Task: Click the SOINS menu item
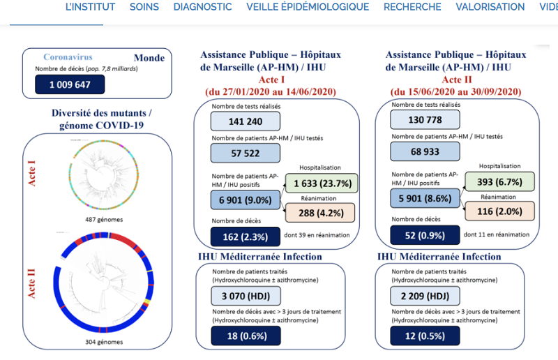tap(144, 7)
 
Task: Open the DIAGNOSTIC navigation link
tap(202, 7)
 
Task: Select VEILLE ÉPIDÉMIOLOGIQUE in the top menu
tap(308, 7)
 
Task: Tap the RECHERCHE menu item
tap(412, 7)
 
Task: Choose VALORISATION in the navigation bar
tap(490, 7)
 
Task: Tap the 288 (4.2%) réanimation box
tap(320, 213)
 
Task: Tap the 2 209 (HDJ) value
tap(425, 295)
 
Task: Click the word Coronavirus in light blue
tap(68, 57)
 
